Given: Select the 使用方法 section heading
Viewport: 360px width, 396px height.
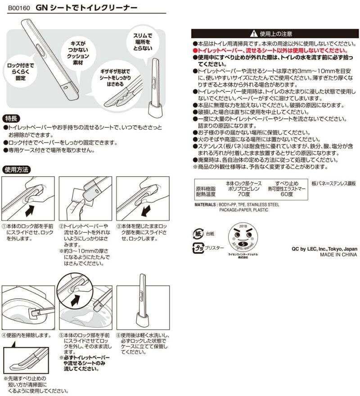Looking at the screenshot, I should pyautogui.click(x=17, y=170).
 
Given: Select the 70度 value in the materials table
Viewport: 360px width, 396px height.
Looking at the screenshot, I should pyautogui.click(x=244, y=194).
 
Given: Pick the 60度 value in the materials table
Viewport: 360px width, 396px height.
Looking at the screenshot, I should pyautogui.click(x=287, y=194).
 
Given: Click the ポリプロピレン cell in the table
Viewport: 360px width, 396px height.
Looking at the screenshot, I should pyautogui.click(x=243, y=189).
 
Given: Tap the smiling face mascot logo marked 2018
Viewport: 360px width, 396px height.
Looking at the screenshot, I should pyautogui.click(x=243, y=238).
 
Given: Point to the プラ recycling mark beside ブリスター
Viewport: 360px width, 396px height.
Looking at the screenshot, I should pyautogui.click(x=198, y=248).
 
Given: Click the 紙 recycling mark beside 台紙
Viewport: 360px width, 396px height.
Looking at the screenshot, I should pyautogui.click(x=198, y=233).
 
